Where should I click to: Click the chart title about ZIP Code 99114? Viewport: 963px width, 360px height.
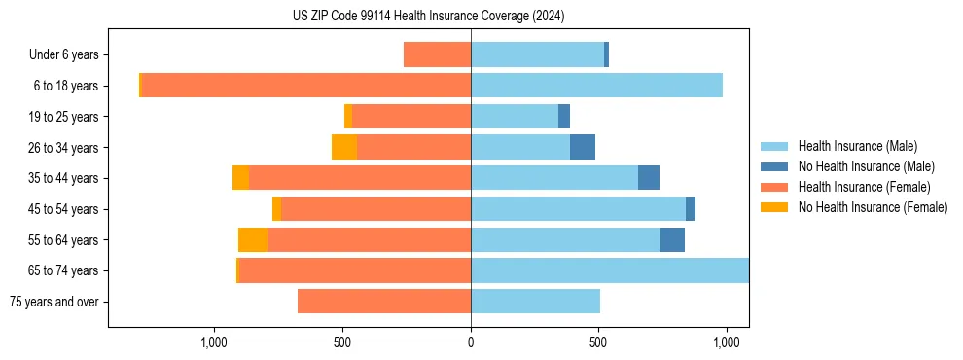428,17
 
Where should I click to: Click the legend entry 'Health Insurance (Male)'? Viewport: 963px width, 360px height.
857,146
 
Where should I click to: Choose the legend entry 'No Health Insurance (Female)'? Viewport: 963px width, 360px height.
873,207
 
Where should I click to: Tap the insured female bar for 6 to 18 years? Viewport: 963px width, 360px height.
305,86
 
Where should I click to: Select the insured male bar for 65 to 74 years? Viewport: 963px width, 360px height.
609,270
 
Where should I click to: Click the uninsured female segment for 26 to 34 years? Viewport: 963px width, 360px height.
344,147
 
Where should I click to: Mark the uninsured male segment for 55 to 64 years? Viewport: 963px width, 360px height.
672,239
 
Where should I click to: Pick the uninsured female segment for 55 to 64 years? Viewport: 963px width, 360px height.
253,239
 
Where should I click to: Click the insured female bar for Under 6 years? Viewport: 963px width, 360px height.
437,55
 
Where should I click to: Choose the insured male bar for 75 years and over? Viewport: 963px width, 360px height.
535,302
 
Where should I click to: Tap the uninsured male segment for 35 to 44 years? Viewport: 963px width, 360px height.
649,178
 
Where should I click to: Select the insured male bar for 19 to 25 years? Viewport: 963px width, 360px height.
515,117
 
